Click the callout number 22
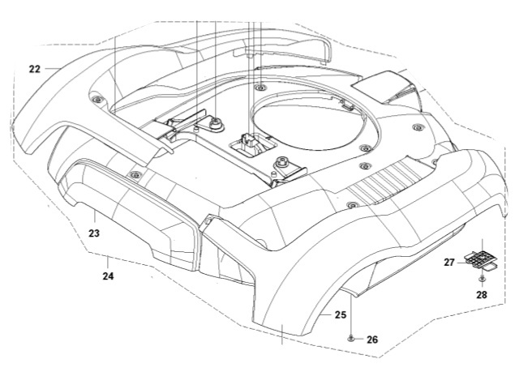[x=34, y=69]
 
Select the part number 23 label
[x=93, y=233]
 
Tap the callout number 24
[x=108, y=276]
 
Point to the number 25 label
[x=341, y=314]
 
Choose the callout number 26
[x=372, y=340]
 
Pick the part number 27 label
[x=448, y=262]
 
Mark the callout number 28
[x=482, y=295]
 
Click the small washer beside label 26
[x=350, y=338]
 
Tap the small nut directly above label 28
[x=482, y=279]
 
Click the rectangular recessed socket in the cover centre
[x=247, y=146]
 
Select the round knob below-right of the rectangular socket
[x=281, y=161]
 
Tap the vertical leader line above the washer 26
[x=350, y=312]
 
